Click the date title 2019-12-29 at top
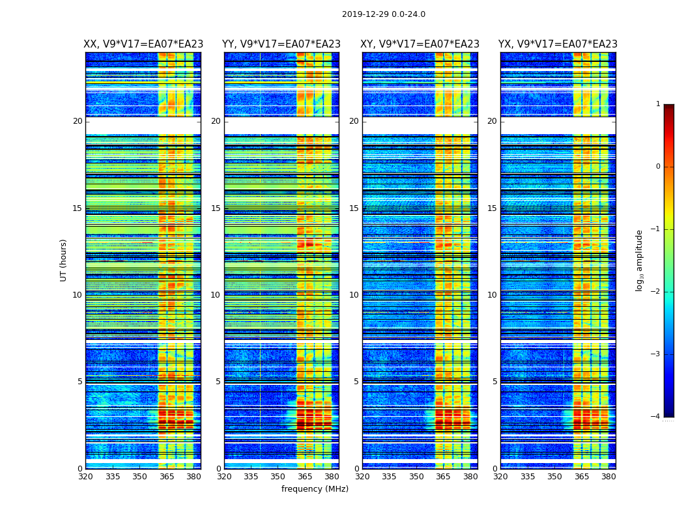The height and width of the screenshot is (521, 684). (383, 14)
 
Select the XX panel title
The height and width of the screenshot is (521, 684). (143, 44)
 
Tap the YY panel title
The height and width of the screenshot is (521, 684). (281, 44)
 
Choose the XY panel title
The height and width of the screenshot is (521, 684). (420, 44)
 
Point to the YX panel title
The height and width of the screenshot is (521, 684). (558, 44)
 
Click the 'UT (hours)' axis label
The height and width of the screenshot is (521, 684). (64, 260)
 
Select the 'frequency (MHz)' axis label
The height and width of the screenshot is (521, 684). (315, 489)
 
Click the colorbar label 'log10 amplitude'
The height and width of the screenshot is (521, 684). (639, 260)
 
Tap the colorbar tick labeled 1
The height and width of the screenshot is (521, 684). (657, 104)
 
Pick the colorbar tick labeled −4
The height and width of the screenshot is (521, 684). (657, 417)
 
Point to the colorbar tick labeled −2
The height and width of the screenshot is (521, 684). (657, 292)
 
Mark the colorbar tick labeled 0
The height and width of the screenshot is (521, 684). (657, 167)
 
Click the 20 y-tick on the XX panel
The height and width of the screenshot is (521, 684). (78, 121)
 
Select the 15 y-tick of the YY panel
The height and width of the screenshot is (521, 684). (216, 208)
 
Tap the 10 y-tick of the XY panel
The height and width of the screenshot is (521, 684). (354, 295)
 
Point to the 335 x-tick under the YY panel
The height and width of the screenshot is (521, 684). (251, 477)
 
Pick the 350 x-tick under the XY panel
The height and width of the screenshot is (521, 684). (416, 477)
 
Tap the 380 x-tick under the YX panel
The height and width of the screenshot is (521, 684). (608, 477)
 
